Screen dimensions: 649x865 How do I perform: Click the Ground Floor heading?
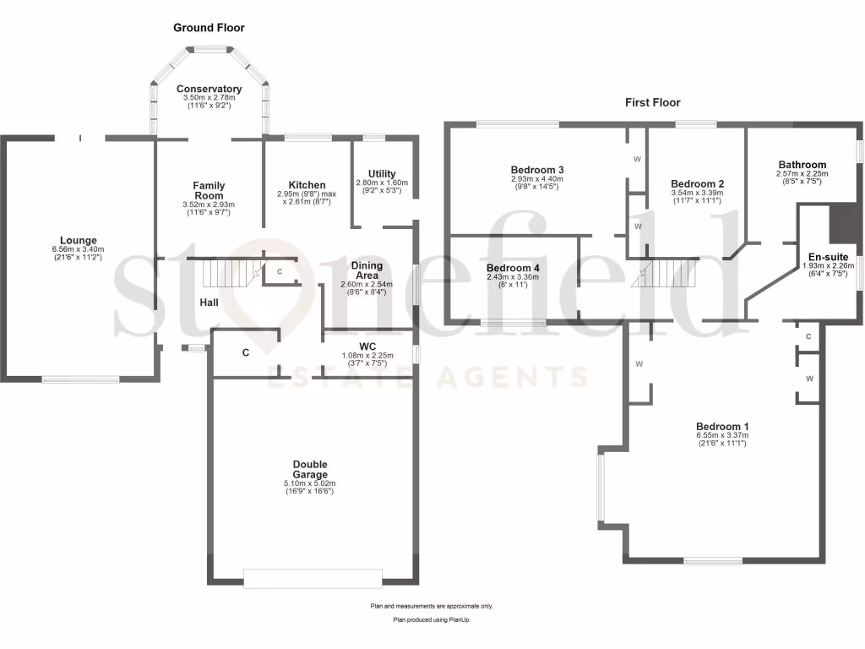209,28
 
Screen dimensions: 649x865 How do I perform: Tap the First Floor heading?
653,102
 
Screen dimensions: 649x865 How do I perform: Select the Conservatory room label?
209,89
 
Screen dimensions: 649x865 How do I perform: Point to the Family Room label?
208,190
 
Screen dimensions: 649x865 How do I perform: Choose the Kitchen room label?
307,185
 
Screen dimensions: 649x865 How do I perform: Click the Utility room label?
382,174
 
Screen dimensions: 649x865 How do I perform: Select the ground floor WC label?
367,346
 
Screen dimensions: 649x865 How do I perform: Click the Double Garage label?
310,469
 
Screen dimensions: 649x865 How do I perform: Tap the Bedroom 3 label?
537,170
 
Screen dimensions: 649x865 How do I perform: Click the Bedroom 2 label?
697,183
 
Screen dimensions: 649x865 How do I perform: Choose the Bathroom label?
802,165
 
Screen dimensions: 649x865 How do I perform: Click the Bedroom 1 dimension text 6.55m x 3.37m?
722,435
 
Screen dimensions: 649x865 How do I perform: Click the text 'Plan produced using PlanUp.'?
432,619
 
